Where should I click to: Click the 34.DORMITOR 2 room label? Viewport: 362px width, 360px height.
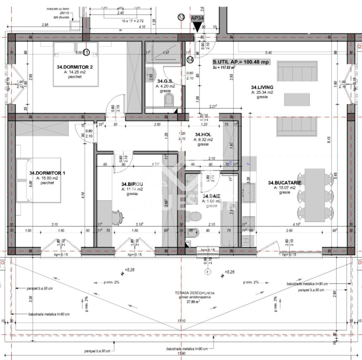pos(75,67)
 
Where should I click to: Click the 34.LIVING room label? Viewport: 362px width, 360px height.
pos(262,87)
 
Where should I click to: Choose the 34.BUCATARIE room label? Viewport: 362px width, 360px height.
pos(285,183)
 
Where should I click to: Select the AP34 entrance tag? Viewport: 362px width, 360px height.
pos(197,19)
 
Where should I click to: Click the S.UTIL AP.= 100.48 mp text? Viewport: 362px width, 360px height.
pos(241,62)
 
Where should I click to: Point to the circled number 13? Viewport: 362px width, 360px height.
pos(181,17)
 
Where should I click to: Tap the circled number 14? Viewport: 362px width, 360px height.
pos(190,60)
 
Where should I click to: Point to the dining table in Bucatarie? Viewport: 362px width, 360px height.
pos(315,195)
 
